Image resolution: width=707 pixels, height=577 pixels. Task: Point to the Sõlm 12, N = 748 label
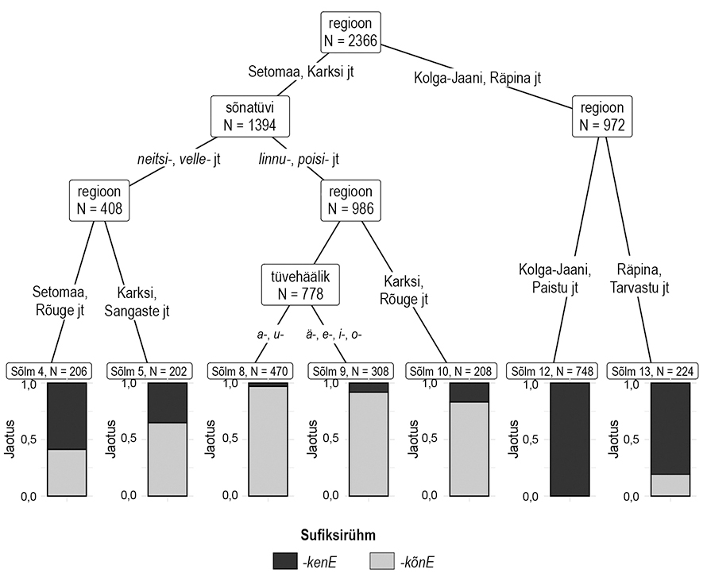pyautogui.click(x=550, y=370)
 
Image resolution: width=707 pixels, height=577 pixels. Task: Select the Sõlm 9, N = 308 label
pyautogui.click(x=350, y=370)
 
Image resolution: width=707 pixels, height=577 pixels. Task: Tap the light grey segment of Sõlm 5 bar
pyautogui.click(x=167, y=459)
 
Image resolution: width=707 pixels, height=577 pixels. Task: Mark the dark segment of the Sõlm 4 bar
pyautogui.click(x=67, y=416)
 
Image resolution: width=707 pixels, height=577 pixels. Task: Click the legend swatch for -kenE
pyautogui.click(x=284, y=562)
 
